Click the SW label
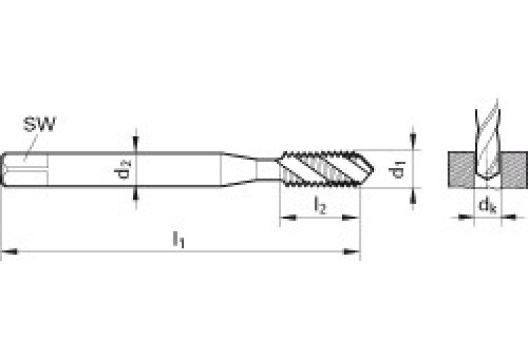coord(39,125)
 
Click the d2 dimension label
coord(123,169)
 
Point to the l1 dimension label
coord(178,240)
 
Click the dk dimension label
coord(487,205)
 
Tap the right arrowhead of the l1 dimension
coord(352,251)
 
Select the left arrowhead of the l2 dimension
coord(288,218)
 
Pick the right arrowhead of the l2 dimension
coord(351,218)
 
